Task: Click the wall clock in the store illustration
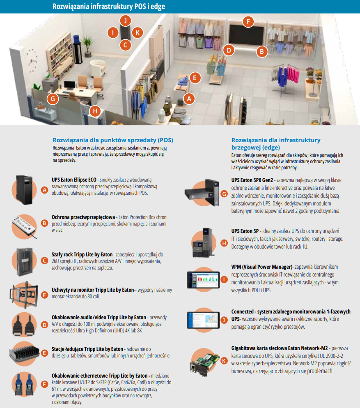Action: [x=32, y=61]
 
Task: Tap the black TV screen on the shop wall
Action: [x=246, y=35]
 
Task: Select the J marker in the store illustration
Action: [x=126, y=20]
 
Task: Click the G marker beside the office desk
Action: [x=53, y=99]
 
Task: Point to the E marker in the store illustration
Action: [x=195, y=78]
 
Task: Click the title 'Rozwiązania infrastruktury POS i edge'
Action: [x=109, y=7]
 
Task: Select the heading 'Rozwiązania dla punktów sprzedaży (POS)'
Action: [x=113, y=140]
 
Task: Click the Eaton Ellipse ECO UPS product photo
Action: [x=25, y=190]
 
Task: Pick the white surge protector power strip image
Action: [x=24, y=226]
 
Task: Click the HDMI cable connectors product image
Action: [x=24, y=325]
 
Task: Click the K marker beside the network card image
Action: [x=224, y=361]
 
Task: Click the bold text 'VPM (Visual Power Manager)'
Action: [x=262, y=267]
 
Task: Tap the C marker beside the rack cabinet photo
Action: [x=44, y=261]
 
